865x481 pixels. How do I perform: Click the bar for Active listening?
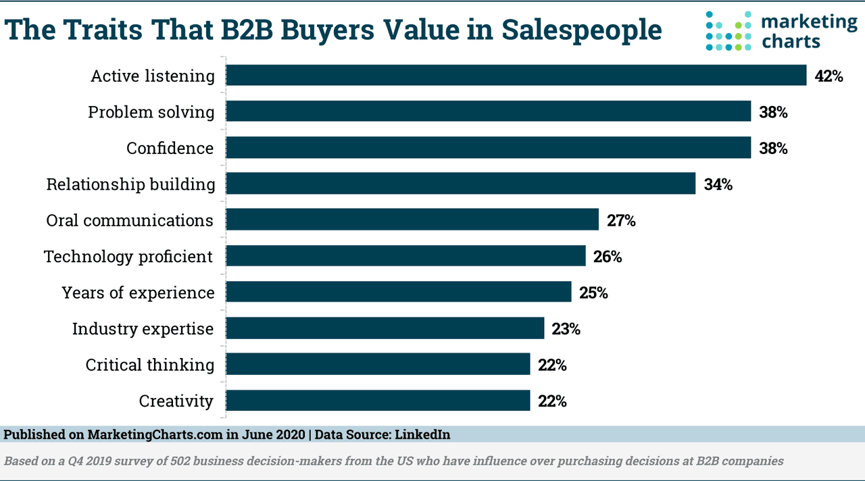coord(516,76)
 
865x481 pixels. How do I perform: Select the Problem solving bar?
coord(488,111)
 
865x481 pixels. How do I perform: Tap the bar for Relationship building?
coord(460,184)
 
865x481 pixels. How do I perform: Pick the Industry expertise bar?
coord(385,328)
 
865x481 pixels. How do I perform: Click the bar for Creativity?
coord(378,401)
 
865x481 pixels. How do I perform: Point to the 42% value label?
coord(829,76)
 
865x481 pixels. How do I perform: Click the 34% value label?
coord(718,184)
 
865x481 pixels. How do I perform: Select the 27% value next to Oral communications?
coord(620,220)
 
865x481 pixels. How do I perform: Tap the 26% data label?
coord(607,257)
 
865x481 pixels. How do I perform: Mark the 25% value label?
coord(593,293)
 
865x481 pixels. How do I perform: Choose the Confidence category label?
coord(170,148)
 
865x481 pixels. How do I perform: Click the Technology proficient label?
coord(128,257)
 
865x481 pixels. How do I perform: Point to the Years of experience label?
coord(138,293)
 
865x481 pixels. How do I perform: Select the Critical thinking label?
coord(149,365)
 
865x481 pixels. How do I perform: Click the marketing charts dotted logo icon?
coord(728,31)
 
